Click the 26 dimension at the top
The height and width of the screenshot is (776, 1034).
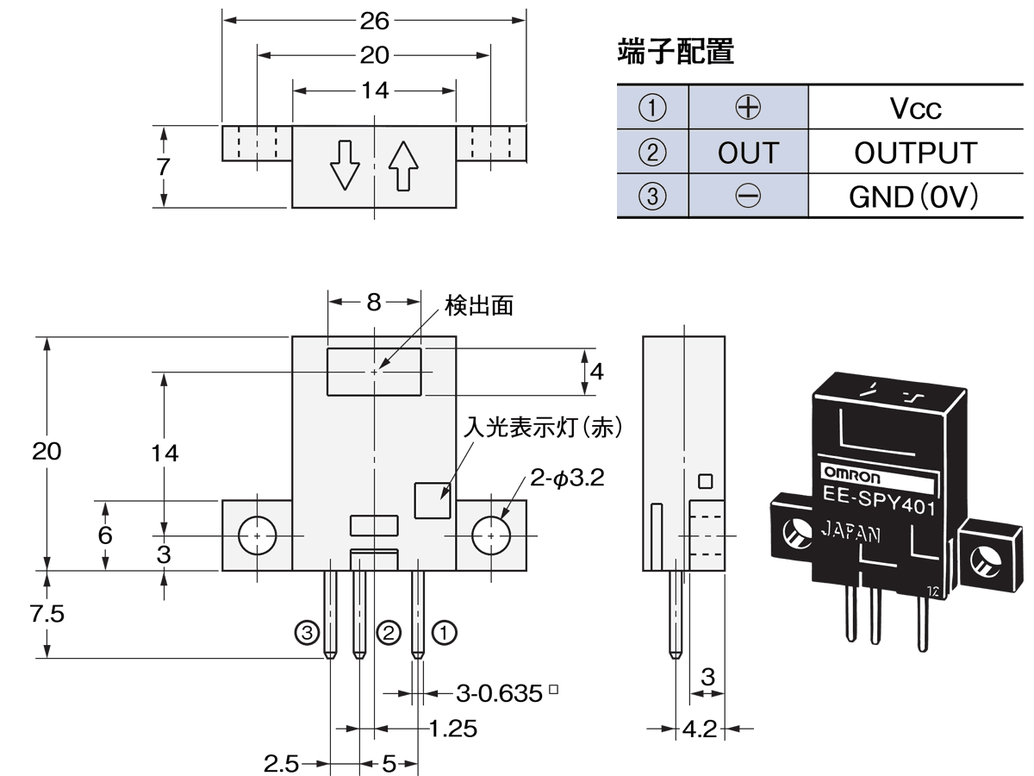tap(375, 20)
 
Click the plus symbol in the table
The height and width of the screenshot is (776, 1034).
tap(748, 107)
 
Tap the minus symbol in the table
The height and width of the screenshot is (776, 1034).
tap(748, 197)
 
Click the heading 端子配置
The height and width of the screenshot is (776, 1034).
tap(676, 53)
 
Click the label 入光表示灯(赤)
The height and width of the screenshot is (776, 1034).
tap(543, 428)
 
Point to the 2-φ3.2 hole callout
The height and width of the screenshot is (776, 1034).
tap(568, 478)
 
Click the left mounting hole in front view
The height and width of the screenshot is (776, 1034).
tap(258, 535)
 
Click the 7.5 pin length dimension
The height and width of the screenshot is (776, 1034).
tap(47, 615)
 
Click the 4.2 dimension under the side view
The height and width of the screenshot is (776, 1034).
tap(699, 729)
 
